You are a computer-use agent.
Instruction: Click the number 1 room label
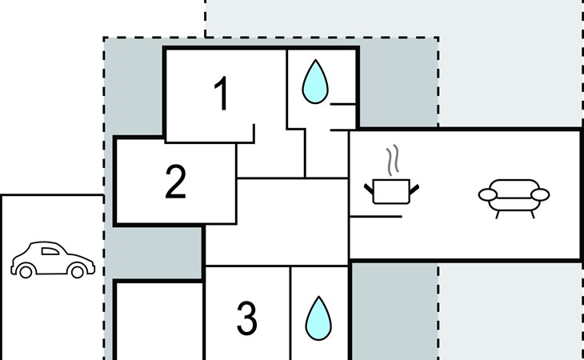click(222, 94)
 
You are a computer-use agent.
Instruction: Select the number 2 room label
click(175, 182)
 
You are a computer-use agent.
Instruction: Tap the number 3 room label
click(247, 318)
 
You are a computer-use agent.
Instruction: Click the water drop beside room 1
click(315, 82)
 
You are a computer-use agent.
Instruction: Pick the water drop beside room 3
click(318, 318)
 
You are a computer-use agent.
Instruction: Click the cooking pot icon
click(391, 191)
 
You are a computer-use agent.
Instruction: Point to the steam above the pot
click(393, 160)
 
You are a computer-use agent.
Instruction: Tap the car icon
click(53, 259)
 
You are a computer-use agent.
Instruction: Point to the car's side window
click(50, 251)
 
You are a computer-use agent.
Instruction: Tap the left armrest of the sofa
click(488, 194)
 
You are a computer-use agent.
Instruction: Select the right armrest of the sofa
click(540, 194)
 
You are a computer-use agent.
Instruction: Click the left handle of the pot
click(369, 189)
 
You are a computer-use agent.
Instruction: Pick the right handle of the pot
click(414, 189)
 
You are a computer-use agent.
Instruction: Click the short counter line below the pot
click(376, 216)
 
